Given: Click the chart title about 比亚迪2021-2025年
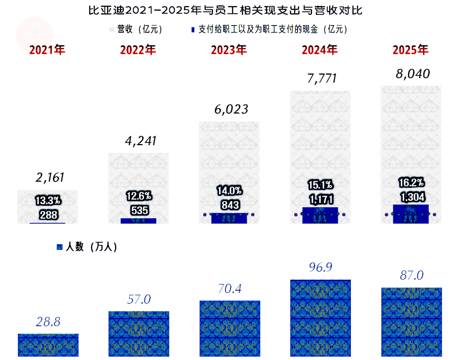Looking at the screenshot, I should click(x=225, y=10).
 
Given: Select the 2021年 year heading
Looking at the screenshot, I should click(x=47, y=50).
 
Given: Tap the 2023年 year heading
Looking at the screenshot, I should click(x=229, y=50).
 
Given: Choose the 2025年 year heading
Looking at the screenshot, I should click(x=411, y=50).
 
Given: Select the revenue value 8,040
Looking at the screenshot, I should click(x=412, y=74).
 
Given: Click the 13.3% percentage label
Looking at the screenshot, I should click(x=48, y=199).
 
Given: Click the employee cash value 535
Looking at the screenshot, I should click(x=139, y=211).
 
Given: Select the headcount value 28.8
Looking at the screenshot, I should click(x=48, y=322).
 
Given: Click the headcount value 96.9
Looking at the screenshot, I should click(x=321, y=268).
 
